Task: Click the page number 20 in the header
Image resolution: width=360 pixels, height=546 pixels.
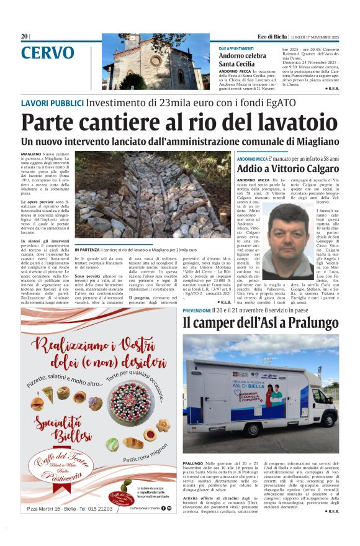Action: tap(24, 37)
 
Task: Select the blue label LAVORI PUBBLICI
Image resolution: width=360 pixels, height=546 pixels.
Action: tap(52, 102)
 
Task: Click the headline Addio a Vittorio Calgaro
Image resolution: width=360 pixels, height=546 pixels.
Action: tap(288, 169)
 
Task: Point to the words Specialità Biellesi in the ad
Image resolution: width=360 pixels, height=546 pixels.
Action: tap(61, 429)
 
